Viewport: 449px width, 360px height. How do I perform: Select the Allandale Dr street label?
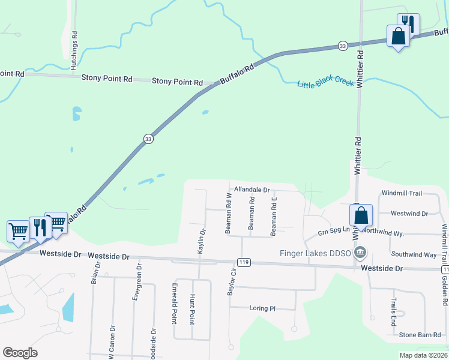[252, 189]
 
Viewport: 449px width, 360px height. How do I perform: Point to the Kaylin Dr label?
[202, 241]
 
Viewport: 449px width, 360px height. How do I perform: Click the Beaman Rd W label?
[228, 213]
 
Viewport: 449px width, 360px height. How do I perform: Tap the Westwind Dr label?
[409, 213]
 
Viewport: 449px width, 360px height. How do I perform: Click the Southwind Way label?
[414, 255]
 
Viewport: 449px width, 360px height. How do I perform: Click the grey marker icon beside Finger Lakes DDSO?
[361, 251]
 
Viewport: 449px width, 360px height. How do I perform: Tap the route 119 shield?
[244, 262]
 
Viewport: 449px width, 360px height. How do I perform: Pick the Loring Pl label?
[262, 308]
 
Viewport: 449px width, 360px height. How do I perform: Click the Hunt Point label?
[193, 308]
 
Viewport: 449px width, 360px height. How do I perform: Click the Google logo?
[20, 353]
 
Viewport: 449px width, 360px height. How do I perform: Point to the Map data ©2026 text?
[423, 355]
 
